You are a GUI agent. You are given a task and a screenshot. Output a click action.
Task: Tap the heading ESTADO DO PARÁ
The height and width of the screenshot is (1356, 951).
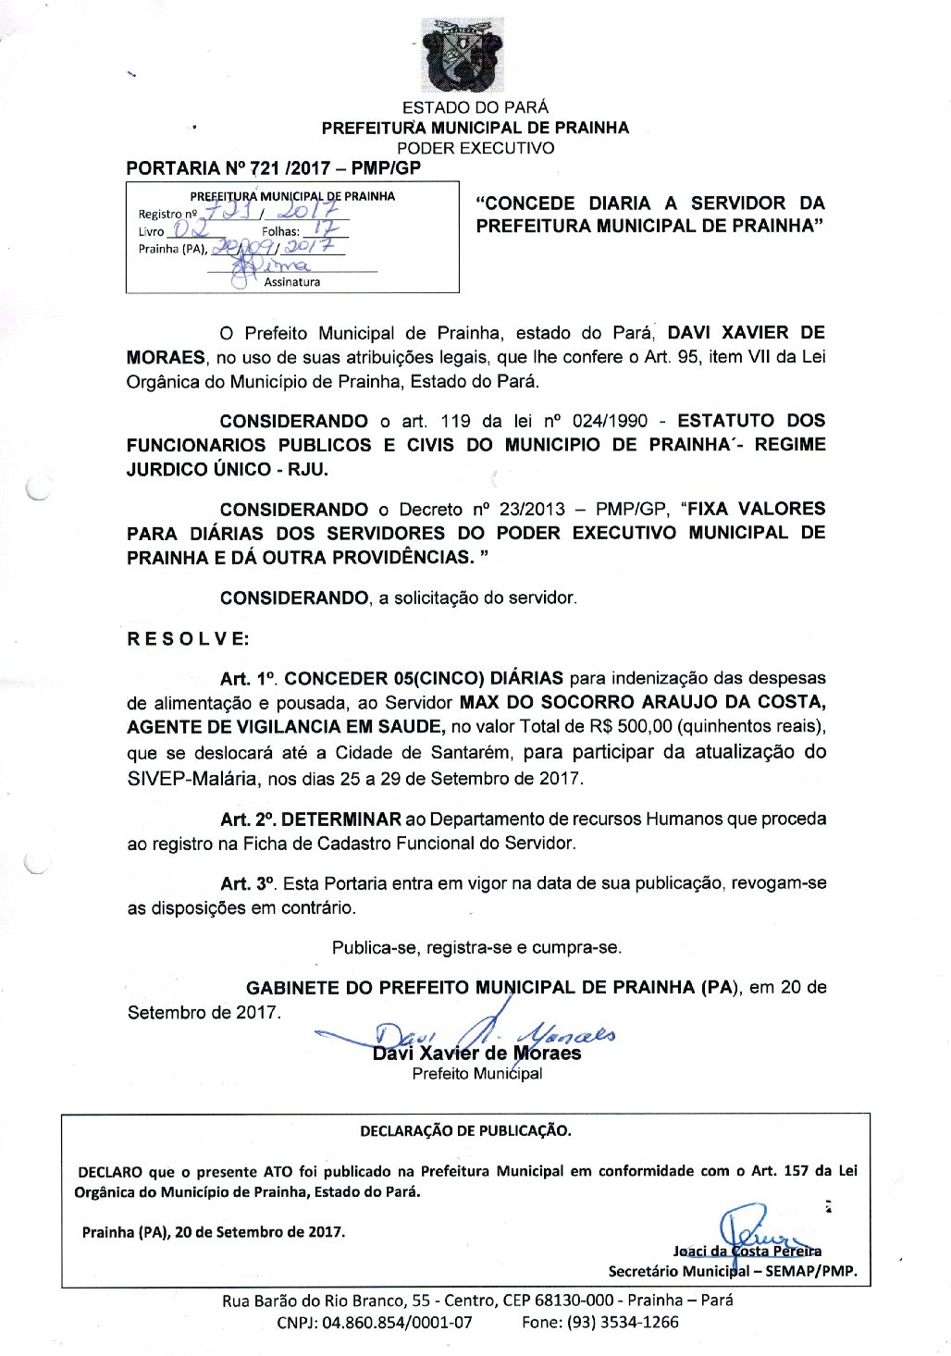[475, 107]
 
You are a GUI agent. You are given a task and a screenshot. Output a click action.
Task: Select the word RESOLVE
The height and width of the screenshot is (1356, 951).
[188, 639]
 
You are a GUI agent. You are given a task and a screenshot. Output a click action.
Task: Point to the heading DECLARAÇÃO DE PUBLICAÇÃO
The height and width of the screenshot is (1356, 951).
[465, 1130]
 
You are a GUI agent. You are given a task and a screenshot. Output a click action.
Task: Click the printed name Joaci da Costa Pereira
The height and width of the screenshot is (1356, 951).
[747, 1251]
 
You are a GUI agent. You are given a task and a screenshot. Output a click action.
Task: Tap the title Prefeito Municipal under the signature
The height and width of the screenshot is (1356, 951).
[476, 1074]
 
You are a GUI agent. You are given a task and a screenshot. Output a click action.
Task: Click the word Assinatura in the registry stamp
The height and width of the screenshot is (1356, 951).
[292, 282]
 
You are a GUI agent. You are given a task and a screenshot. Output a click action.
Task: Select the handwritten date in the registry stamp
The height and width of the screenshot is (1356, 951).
[278, 248]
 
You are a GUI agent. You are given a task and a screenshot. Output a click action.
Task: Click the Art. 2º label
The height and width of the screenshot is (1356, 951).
[248, 819]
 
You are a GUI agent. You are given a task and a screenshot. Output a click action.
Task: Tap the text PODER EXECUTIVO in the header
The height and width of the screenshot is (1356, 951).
[475, 147]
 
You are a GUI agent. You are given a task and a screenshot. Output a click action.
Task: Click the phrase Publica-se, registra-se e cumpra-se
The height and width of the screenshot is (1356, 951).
[476, 947]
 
